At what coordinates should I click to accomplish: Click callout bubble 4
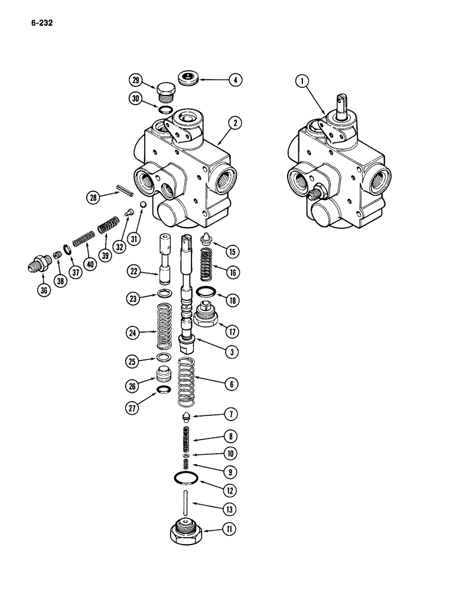point(236,79)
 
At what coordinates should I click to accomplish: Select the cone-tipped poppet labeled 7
point(186,418)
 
